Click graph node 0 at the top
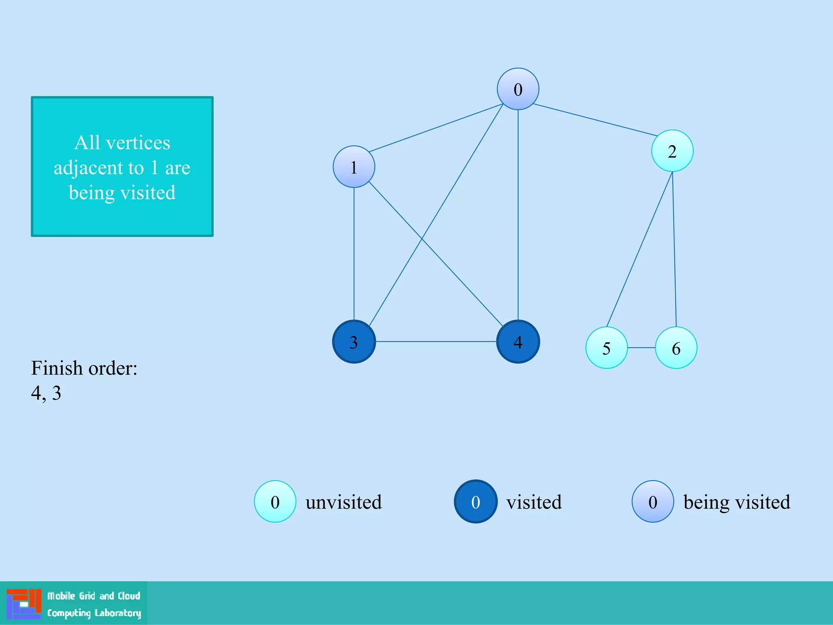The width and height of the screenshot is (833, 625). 518,89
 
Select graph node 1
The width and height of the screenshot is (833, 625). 354,167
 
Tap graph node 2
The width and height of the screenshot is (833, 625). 672,151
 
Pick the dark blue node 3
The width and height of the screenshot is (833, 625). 354,342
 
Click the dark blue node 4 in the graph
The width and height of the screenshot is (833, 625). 518,342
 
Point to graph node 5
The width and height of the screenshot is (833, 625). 606,348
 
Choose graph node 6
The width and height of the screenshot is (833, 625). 676,348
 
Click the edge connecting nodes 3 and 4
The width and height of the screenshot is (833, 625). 435,341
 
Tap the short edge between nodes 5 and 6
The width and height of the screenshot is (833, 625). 641,348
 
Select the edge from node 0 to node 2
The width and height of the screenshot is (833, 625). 595,120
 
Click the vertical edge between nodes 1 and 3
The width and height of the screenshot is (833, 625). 354,252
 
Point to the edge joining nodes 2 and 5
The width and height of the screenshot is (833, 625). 639,249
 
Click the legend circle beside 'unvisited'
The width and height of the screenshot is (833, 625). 275,502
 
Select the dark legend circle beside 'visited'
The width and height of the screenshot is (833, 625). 475,502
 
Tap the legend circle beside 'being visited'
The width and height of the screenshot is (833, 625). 653,502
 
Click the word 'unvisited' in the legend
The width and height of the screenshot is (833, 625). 344,502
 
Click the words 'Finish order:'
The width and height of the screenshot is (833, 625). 84,368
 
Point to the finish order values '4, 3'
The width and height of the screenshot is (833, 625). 46,393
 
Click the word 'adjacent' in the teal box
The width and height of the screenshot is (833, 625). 99,168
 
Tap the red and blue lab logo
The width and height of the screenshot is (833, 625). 24,604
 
